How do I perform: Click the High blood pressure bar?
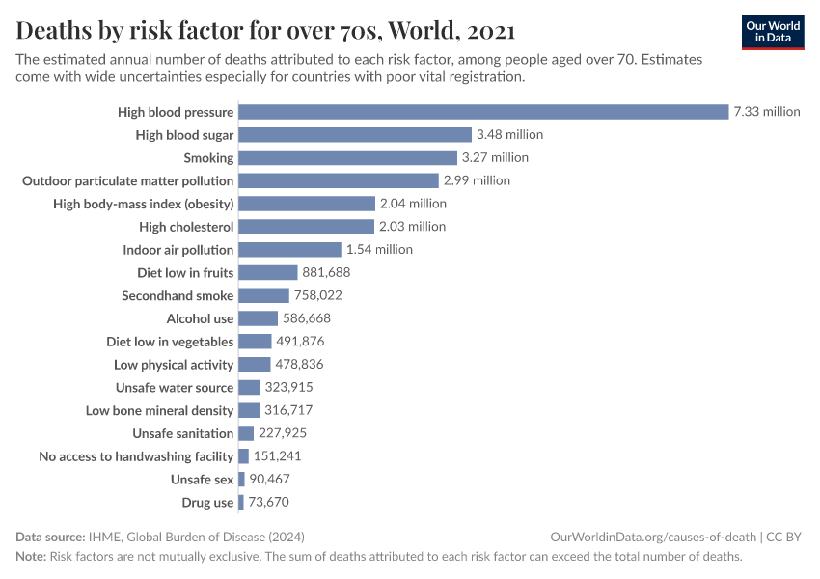click(482, 112)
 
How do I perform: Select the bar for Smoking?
click(347, 157)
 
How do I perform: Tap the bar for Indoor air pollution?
click(289, 250)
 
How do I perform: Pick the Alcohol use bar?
click(258, 318)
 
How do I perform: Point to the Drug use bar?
click(241, 503)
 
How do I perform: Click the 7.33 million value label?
click(767, 112)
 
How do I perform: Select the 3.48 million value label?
click(509, 135)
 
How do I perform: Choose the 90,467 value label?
click(269, 480)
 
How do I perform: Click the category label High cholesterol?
click(186, 227)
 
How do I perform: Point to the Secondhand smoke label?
click(178, 296)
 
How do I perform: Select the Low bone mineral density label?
click(159, 411)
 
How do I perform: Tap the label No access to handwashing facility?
click(136, 456)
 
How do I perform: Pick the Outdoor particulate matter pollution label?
click(127, 180)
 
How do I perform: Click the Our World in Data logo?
click(773, 32)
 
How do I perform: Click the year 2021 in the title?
click(489, 32)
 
